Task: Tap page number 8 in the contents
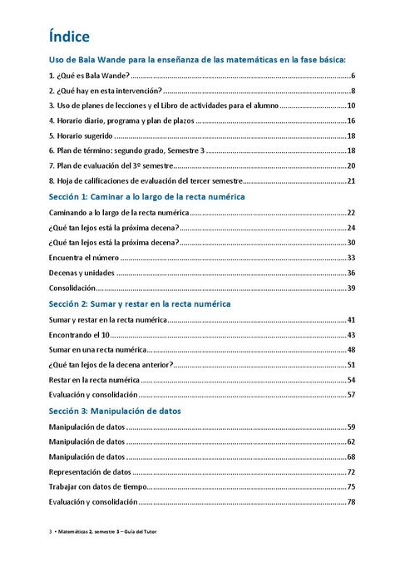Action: coord(353,91)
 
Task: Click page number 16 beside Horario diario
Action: coord(351,121)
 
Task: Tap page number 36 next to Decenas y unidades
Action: coord(351,273)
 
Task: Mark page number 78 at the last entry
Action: coord(351,501)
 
